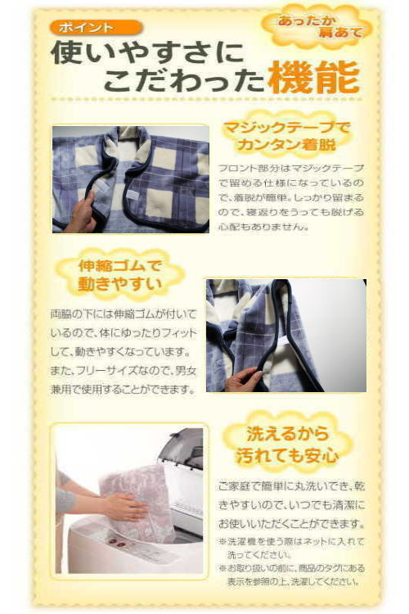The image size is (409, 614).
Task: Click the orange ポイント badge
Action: tap(96, 27)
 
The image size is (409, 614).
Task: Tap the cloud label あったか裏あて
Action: tap(318, 27)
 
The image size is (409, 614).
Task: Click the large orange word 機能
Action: tap(314, 78)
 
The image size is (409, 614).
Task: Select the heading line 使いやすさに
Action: tap(148, 53)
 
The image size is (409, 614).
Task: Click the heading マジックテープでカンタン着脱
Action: tap(287, 136)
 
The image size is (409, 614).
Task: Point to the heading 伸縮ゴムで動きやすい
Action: tap(119, 275)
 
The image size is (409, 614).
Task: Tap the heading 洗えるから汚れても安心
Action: tap(288, 445)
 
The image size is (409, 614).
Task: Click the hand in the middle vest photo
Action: tap(243, 379)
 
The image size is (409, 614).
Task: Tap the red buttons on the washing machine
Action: tap(117, 541)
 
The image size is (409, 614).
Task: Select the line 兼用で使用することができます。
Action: tap(123, 390)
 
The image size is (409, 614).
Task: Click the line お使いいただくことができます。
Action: tap(291, 523)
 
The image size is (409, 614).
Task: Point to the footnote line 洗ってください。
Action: tap(259, 555)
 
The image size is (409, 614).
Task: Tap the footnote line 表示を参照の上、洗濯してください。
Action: tap(294, 581)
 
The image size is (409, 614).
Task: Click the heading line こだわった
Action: tap(184, 80)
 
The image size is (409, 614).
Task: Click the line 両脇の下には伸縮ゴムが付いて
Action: tap(123, 314)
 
